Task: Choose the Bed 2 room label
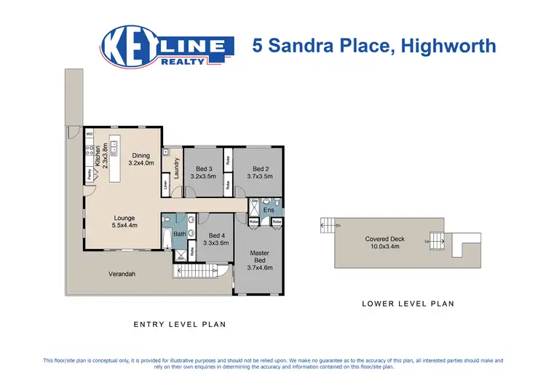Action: pos(259,173)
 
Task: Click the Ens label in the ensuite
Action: pos(268,210)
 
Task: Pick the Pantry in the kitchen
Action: pos(90,174)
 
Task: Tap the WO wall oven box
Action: pos(90,135)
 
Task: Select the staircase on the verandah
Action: pos(196,272)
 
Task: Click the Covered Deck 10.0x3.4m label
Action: pos(385,243)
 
